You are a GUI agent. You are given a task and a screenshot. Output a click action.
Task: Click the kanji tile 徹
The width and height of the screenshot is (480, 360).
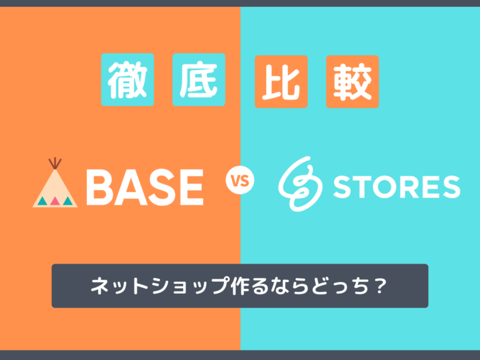[127, 81]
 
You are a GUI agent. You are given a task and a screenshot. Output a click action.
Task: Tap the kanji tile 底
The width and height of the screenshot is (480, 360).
[198, 81]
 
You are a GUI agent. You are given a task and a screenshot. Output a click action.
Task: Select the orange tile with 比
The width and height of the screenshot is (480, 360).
[281, 81]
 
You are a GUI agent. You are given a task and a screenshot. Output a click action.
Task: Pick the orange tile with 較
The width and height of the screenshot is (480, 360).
[352, 81]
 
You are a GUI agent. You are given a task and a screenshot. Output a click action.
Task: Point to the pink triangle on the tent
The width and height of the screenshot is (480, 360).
[55, 201]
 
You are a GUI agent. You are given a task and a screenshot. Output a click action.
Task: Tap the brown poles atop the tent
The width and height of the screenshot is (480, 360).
[55, 162]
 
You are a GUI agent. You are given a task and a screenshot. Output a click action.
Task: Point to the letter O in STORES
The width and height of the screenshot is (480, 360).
[379, 187]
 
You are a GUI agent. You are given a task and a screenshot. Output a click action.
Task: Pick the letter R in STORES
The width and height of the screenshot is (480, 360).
[404, 187]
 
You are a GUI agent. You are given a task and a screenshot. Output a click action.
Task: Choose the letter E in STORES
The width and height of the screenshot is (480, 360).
[426, 187]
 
